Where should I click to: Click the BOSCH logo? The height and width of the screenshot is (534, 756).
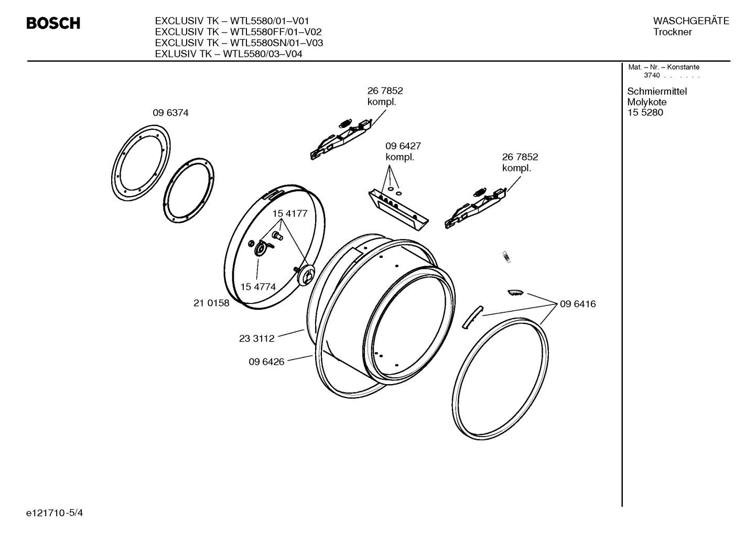click(53, 24)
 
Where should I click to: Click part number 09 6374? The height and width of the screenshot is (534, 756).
click(170, 113)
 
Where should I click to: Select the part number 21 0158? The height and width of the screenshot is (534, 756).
click(211, 303)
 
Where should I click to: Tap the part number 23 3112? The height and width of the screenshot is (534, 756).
click(256, 339)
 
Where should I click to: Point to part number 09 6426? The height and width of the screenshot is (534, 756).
click(266, 362)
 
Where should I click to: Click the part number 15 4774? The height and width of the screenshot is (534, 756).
click(258, 287)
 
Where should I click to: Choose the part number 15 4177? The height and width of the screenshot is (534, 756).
click(289, 214)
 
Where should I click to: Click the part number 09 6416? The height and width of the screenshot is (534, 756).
click(578, 304)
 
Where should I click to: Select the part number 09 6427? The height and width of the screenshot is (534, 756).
click(403, 146)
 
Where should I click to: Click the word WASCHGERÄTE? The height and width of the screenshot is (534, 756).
click(690, 21)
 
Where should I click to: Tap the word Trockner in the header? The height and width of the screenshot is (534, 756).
click(672, 32)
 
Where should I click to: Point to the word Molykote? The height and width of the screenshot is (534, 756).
click(646, 102)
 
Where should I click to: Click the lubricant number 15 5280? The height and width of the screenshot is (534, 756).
click(645, 113)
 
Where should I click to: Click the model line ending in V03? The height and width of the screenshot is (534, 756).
click(239, 43)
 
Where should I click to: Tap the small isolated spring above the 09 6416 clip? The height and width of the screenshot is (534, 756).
click(506, 256)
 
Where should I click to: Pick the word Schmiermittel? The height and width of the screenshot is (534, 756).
click(657, 92)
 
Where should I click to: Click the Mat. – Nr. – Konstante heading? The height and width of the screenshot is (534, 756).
click(664, 67)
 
